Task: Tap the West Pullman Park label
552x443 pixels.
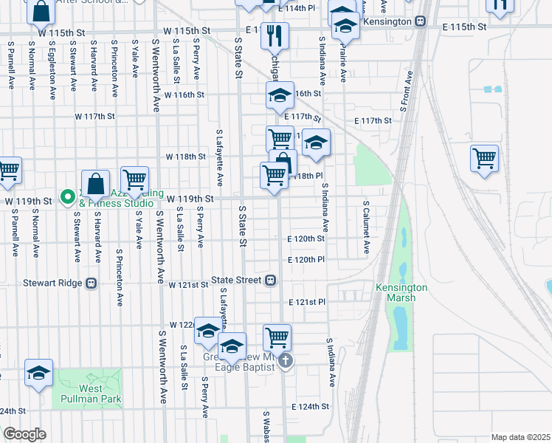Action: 91,394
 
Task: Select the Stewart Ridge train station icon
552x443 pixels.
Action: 91,282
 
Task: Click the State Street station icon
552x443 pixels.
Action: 271,281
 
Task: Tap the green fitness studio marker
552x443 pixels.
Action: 66,196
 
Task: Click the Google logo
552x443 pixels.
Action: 24,434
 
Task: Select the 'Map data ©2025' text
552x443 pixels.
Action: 520,437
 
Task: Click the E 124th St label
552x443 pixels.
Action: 310,407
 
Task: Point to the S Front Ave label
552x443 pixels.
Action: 405,91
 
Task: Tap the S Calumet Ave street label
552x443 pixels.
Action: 365,227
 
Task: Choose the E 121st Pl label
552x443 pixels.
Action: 308,302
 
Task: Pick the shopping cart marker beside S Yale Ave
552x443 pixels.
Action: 134,179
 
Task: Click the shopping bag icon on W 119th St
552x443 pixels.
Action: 95,183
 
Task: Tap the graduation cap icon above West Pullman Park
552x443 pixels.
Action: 38,372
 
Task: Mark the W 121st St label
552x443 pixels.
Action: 188,284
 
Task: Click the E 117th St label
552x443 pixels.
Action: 373,120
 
